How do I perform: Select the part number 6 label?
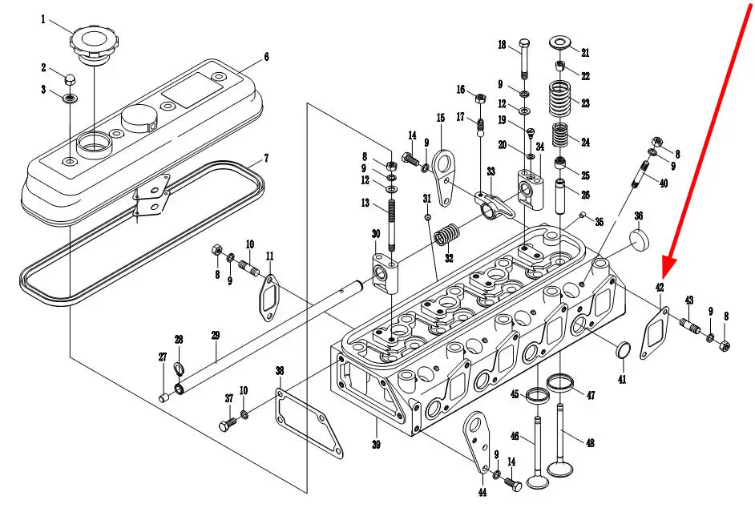click(265, 57)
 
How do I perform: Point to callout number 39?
click(375, 445)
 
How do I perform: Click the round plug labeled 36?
click(639, 240)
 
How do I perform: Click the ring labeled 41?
click(621, 350)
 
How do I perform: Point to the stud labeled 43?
click(690, 326)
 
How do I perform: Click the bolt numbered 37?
click(226, 424)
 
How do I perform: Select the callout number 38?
click(279, 371)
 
